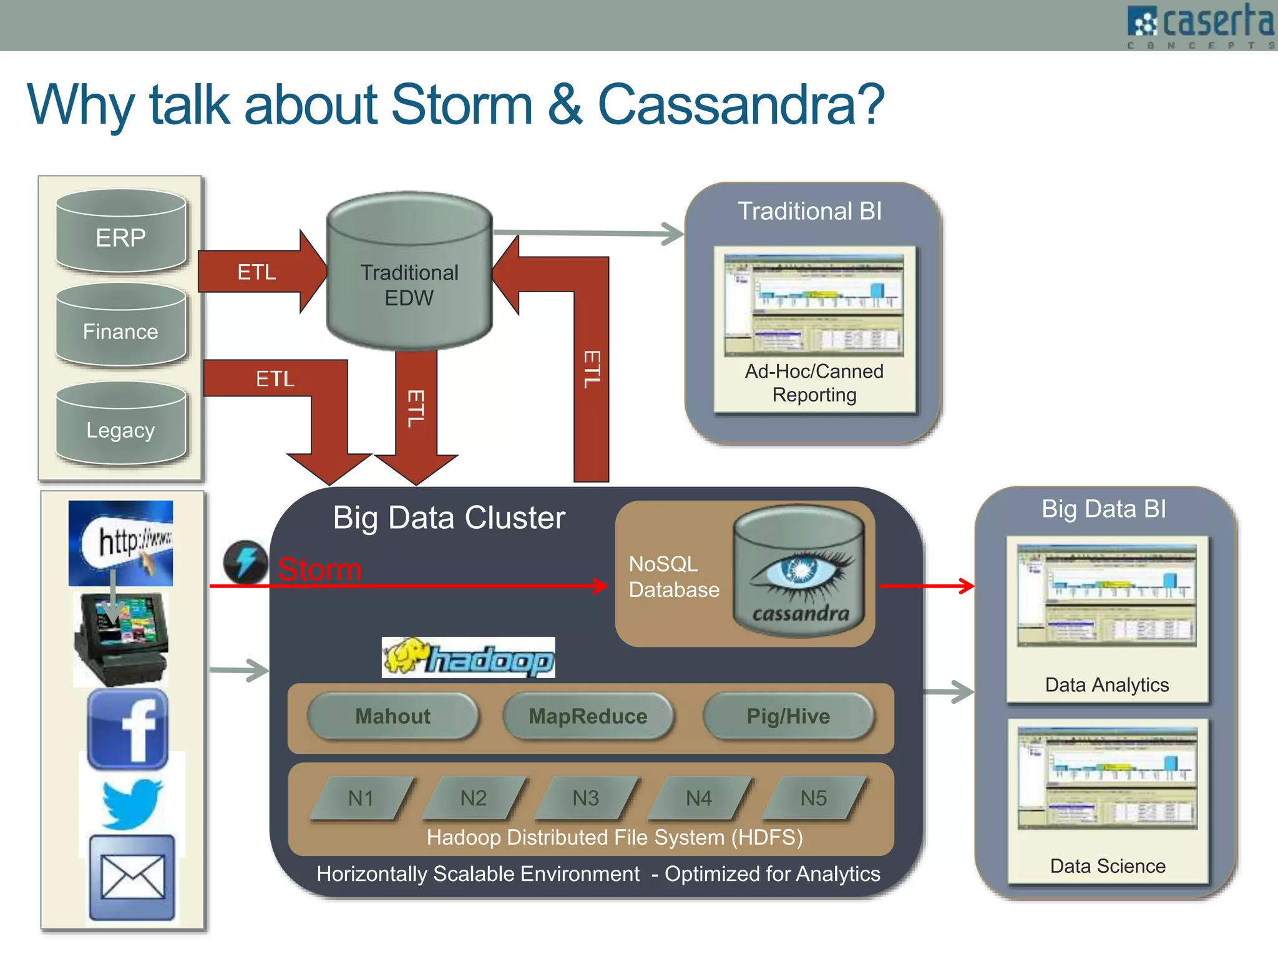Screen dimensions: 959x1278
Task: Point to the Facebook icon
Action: pyautogui.click(x=128, y=729)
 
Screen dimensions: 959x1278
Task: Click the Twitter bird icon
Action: pyautogui.click(x=132, y=804)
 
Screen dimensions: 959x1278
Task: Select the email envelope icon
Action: pyautogui.click(x=132, y=877)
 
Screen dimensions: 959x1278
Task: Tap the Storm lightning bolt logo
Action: pyautogui.click(x=245, y=562)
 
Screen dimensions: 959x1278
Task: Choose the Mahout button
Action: pyautogui.click(x=393, y=716)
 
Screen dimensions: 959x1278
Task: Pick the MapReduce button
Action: pyautogui.click(x=588, y=716)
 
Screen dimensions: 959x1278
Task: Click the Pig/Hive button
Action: pyautogui.click(x=788, y=716)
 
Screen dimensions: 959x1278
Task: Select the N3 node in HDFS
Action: pyautogui.click(x=586, y=798)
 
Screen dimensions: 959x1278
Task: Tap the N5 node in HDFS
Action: pyautogui.click(x=813, y=798)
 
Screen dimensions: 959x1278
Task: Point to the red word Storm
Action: pyautogui.click(x=319, y=569)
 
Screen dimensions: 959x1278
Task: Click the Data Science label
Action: pyautogui.click(x=1108, y=866)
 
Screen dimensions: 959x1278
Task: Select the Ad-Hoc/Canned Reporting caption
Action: pyautogui.click(x=814, y=383)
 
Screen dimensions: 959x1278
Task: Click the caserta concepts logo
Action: pyautogui.click(x=1201, y=25)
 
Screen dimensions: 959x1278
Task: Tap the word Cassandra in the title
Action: pyautogui.click(x=741, y=105)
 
